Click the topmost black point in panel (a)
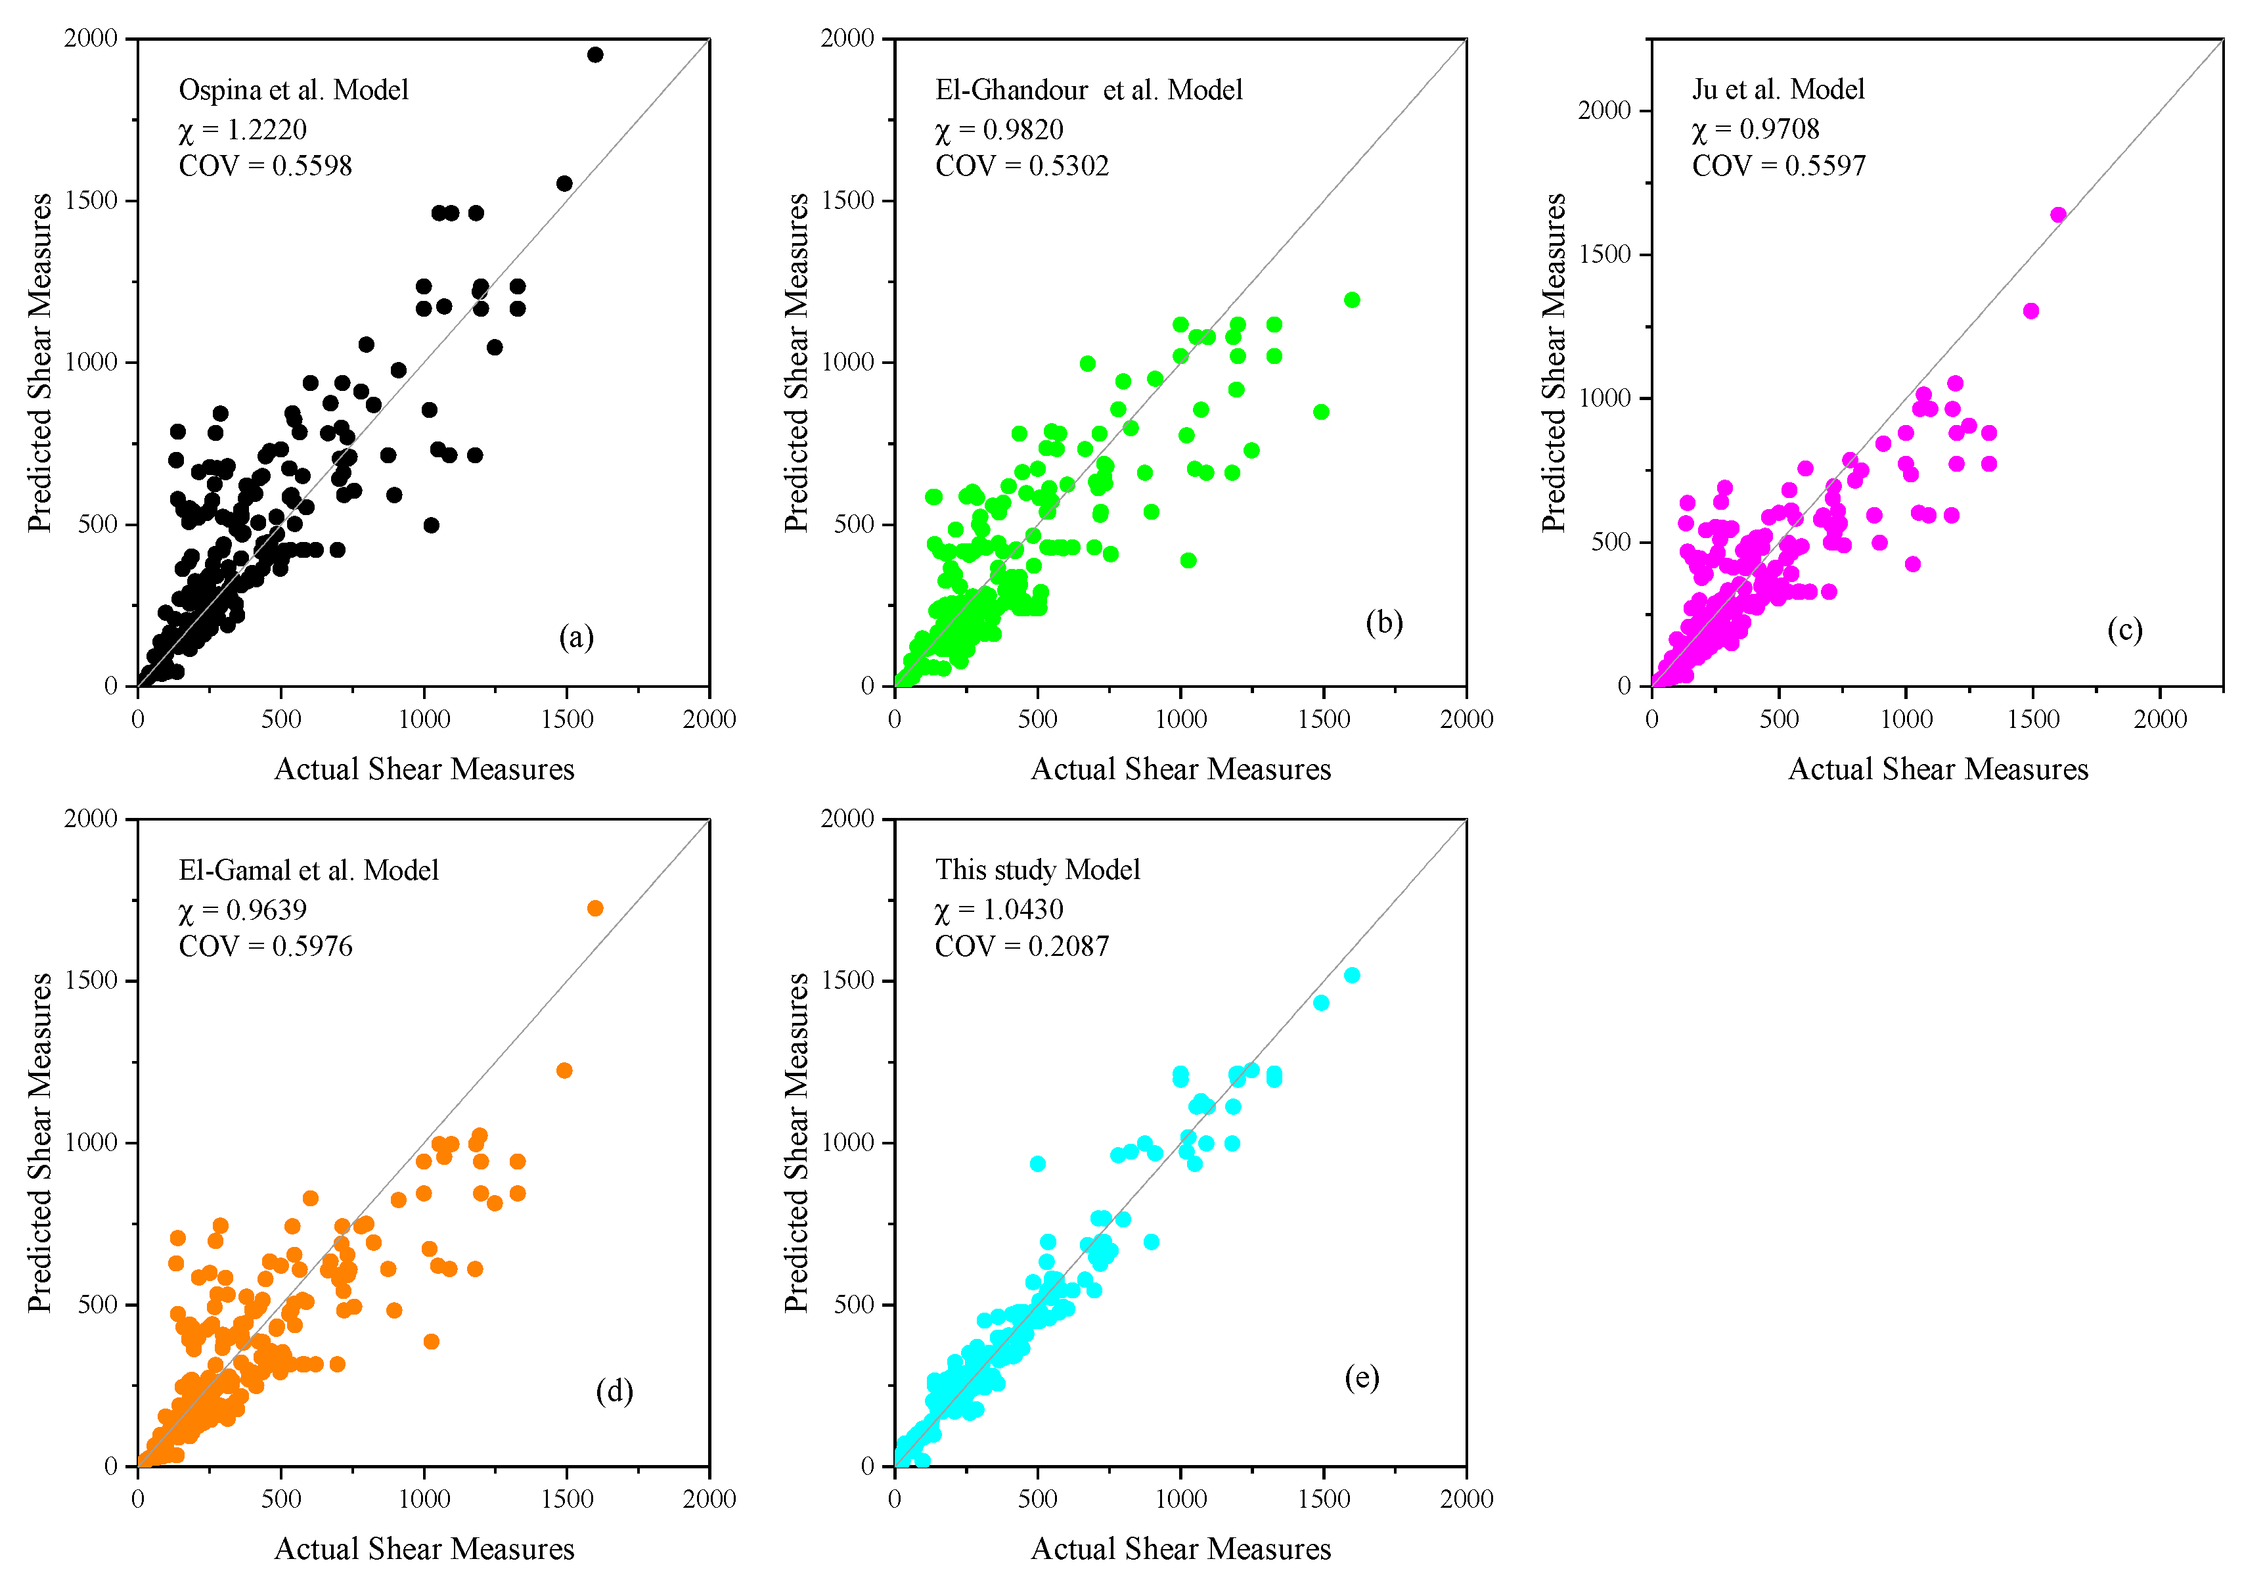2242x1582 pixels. click(x=594, y=55)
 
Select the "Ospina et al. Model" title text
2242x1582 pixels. click(x=293, y=90)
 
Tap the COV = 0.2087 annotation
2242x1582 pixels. click(x=1021, y=945)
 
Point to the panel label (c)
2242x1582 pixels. click(x=2125, y=630)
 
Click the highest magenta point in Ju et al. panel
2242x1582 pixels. click(x=2057, y=215)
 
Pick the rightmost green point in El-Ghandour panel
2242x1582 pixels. click(x=1351, y=300)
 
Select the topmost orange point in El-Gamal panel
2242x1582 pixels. click(x=594, y=908)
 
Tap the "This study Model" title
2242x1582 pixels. click(x=1037, y=869)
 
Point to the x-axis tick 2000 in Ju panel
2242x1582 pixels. click(x=2159, y=719)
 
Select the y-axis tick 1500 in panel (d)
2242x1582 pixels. click(x=91, y=980)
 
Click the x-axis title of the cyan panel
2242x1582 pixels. click(x=1180, y=1548)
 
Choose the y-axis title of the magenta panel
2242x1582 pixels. click(x=1554, y=362)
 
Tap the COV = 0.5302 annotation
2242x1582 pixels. click(x=1021, y=166)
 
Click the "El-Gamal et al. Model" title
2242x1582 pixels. click(x=309, y=870)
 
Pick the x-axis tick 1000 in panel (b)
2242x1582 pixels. click(x=1180, y=719)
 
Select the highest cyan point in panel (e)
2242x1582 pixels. click(x=1351, y=976)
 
